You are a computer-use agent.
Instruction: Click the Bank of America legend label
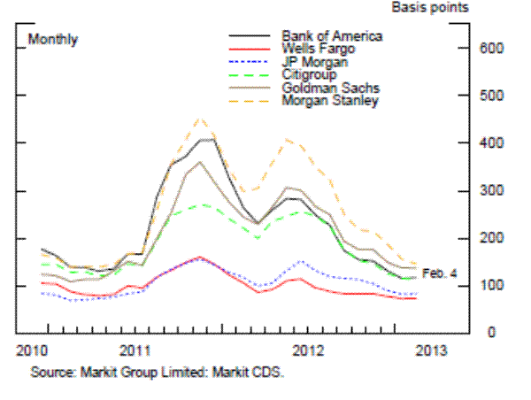[332, 36]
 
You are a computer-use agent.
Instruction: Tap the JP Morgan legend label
[316, 63]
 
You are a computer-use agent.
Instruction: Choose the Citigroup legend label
[313, 76]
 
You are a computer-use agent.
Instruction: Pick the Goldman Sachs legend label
[327, 89]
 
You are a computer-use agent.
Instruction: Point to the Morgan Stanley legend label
[328, 102]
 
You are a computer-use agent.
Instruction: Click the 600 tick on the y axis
[492, 48]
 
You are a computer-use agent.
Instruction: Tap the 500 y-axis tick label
[492, 96]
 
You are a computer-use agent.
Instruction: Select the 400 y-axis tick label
[492, 143]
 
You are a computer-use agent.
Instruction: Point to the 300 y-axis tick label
[492, 191]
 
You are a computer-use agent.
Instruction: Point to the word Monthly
[53, 40]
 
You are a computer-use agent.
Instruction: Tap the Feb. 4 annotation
[440, 273]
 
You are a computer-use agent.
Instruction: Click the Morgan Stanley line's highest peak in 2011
[200, 119]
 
